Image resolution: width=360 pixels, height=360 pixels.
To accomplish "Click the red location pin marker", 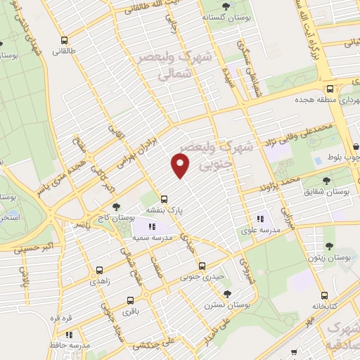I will pos(181,166).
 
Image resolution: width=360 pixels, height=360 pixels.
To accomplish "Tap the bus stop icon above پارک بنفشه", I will pos(164,198).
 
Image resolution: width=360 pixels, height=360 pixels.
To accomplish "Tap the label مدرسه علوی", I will pos(262,229).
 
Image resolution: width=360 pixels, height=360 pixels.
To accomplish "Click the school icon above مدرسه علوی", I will pos(262,218).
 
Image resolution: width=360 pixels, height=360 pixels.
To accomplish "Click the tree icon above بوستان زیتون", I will pos(329,246).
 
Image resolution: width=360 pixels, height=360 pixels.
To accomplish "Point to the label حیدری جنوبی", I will pos(202,277).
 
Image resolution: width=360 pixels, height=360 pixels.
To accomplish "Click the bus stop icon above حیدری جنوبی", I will pos(202,266).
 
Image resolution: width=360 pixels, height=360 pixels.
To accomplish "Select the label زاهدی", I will pos(98,281).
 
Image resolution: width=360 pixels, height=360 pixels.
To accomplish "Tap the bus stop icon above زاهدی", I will pos(98,269).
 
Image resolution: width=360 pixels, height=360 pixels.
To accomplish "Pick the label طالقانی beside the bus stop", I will pos(65,51).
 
